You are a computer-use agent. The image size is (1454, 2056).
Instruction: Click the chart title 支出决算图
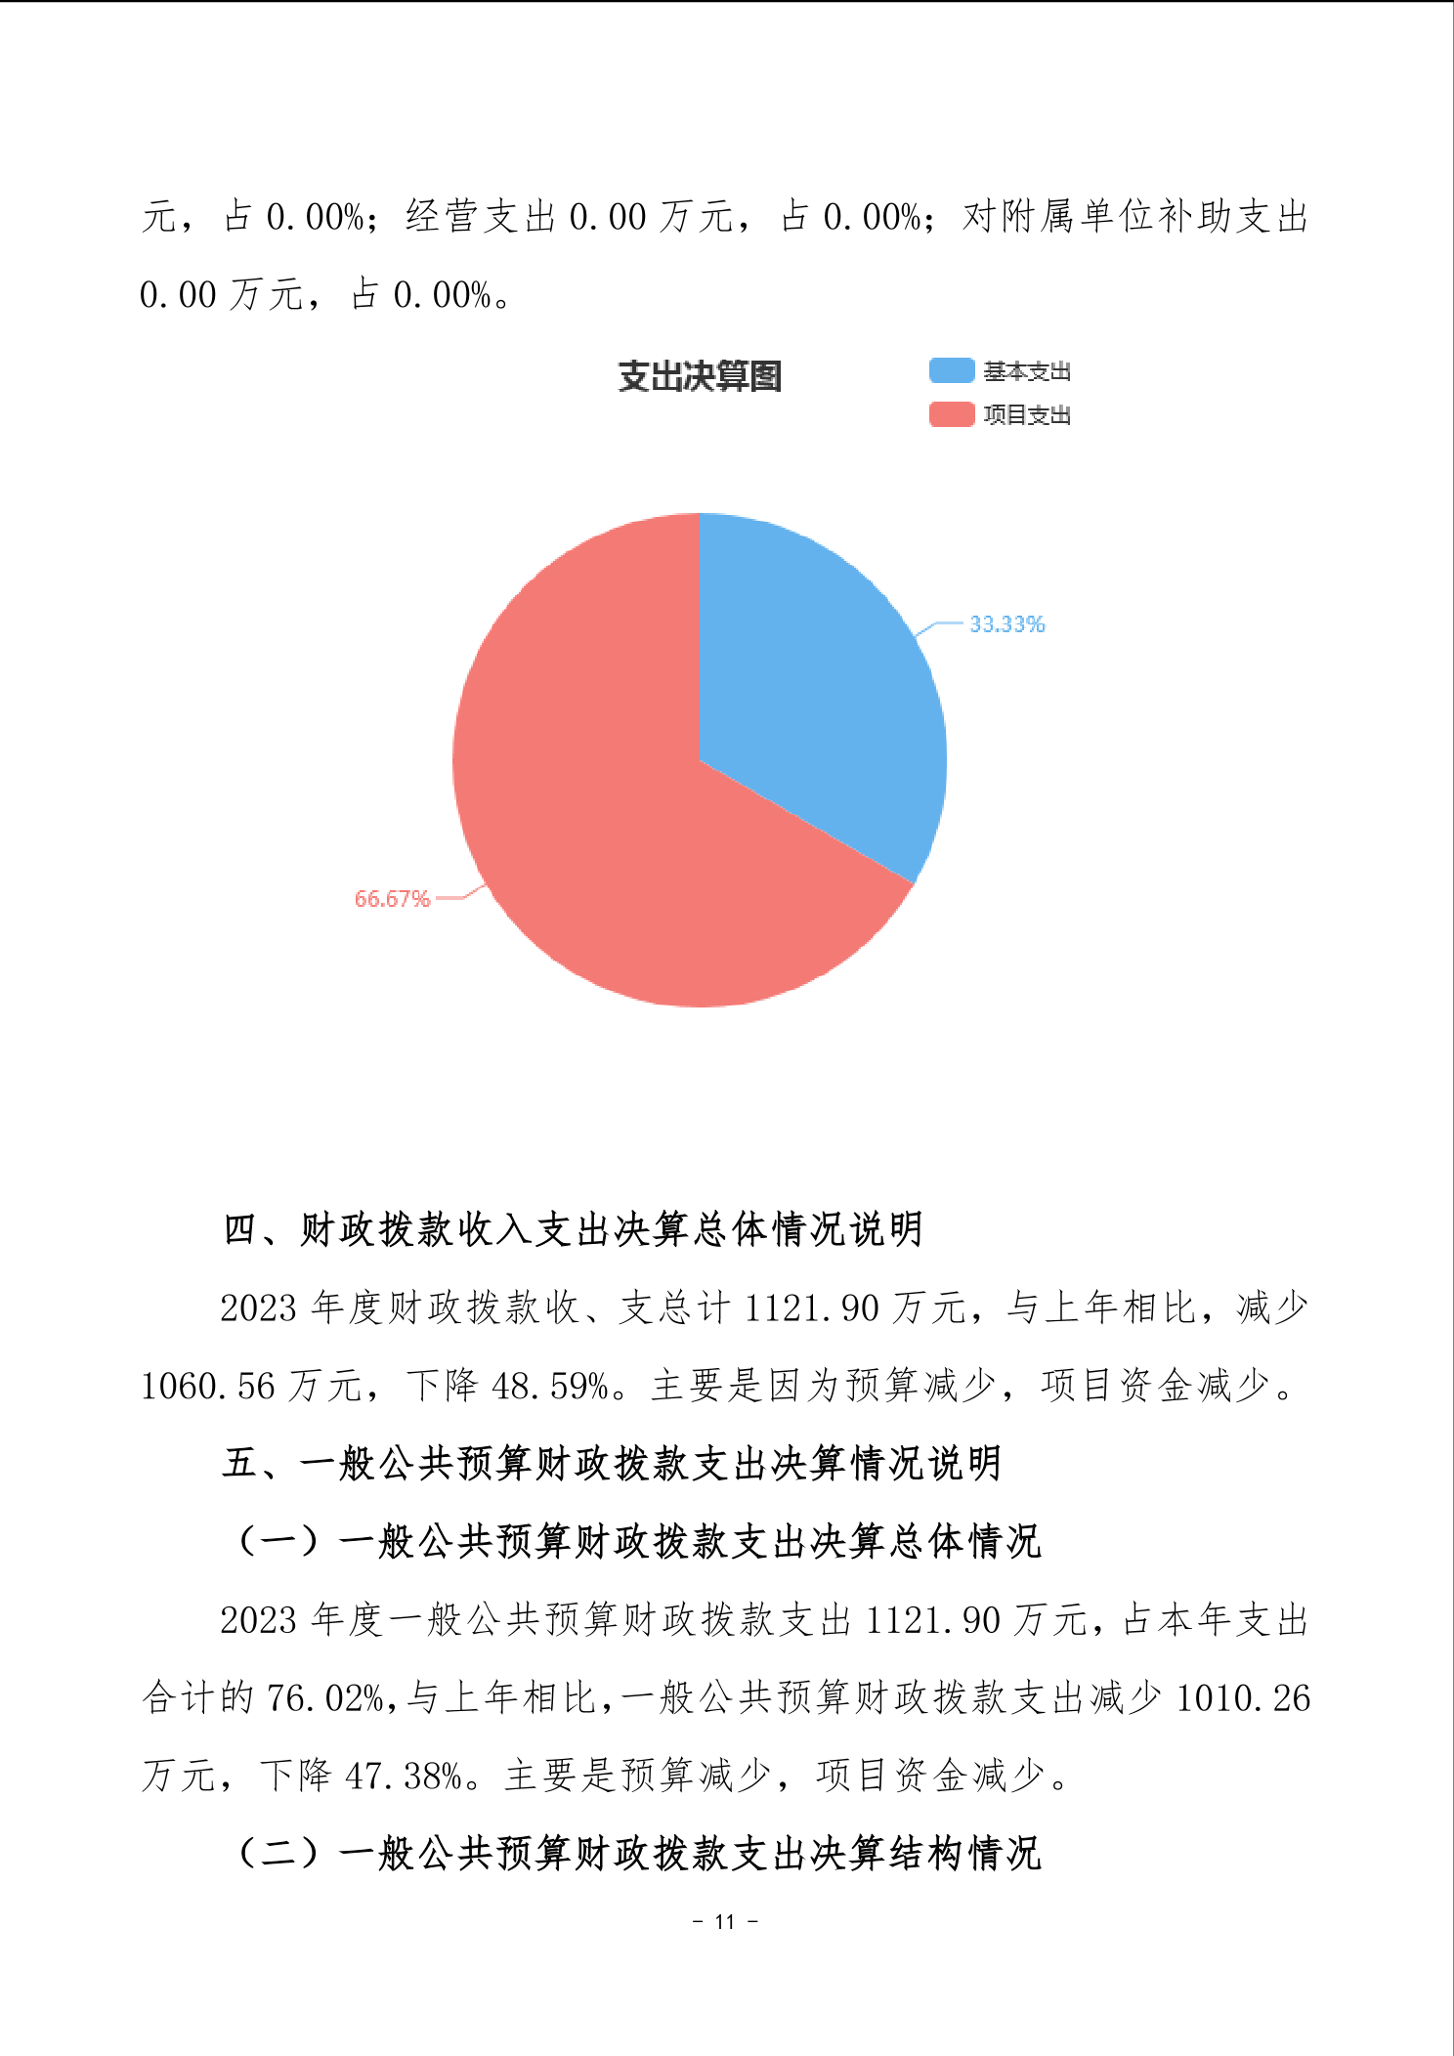pyautogui.click(x=700, y=376)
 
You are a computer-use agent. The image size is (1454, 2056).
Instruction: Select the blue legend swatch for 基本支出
pyautogui.click(x=951, y=370)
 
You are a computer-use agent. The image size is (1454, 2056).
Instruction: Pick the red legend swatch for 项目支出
pyautogui.click(x=951, y=414)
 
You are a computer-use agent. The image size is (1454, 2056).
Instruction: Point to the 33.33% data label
pyautogui.click(x=1006, y=624)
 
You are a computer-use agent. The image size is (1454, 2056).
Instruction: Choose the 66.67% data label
pyautogui.click(x=392, y=899)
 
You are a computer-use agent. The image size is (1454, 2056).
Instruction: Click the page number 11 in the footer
pyautogui.click(x=725, y=1921)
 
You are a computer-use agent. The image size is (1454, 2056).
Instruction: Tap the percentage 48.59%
pyautogui.click(x=551, y=1386)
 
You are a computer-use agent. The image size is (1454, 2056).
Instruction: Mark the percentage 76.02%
pyautogui.click(x=325, y=1698)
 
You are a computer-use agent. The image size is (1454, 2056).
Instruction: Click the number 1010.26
pyautogui.click(x=1242, y=1698)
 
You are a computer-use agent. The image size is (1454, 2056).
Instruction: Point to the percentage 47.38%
pyautogui.click(x=405, y=1776)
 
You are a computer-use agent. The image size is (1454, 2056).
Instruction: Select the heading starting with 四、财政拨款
pyautogui.click(x=573, y=1229)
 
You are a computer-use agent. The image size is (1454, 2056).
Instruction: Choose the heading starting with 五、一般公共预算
pyautogui.click(x=612, y=1463)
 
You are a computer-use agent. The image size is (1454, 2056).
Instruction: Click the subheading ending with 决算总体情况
pyautogui.click(x=640, y=1541)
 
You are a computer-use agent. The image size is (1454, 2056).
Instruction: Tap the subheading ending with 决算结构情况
pyautogui.click(x=640, y=1853)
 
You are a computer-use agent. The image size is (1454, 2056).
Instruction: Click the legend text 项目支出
pyautogui.click(x=1027, y=415)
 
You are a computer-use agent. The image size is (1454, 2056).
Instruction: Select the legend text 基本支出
pyautogui.click(x=1027, y=371)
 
